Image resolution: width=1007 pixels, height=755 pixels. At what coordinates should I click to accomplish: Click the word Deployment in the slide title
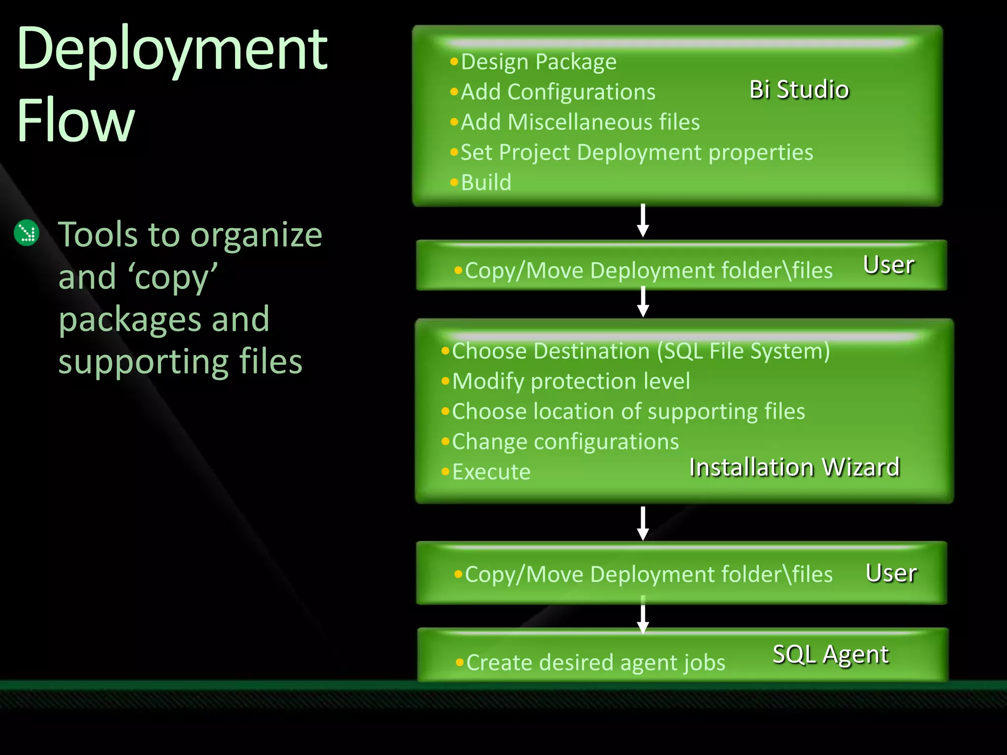click(x=172, y=49)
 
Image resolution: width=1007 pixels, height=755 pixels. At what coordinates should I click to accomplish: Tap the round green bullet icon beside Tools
click(x=27, y=233)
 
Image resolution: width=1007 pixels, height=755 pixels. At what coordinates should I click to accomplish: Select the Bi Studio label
click(x=799, y=89)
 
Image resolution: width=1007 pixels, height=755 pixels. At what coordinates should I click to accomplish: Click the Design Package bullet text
click(x=538, y=62)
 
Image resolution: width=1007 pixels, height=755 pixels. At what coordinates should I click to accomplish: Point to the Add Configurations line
click(x=558, y=92)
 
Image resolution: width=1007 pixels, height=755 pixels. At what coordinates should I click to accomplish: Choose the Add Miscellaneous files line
click(x=580, y=122)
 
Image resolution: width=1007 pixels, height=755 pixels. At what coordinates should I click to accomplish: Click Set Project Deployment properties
click(x=636, y=152)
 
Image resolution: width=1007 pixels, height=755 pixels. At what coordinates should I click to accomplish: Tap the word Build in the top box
click(x=486, y=182)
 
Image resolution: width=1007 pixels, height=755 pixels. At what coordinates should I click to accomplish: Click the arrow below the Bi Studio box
click(x=643, y=221)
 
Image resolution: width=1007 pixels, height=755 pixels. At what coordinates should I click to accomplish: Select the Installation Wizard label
click(x=794, y=467)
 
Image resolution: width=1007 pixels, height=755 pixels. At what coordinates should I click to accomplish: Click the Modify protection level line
click(x=570, y=381)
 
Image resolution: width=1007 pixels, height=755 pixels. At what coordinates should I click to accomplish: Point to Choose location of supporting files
click(x=628, y=411)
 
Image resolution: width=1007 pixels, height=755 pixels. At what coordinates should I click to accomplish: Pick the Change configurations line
click(x=565, y=441)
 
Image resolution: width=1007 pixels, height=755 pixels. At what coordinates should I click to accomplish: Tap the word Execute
click(x=491, y=472)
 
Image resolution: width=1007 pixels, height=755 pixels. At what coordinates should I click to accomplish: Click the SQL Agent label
click(x=830, y=654)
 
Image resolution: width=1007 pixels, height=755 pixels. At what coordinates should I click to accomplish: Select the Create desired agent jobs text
click(x=595, y=663)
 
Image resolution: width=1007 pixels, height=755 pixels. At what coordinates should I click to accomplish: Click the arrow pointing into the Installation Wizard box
click(x=643, y=303)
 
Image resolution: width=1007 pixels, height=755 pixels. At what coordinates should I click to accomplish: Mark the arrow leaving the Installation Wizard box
click(x=643, y=523)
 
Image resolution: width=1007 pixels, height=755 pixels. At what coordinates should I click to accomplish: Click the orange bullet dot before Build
click(x=454, y=182)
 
